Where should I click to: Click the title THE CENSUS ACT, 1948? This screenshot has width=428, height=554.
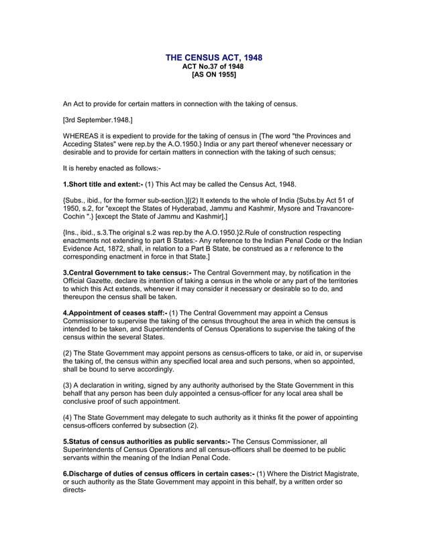[x=214, y=58]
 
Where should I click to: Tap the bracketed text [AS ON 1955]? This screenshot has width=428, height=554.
[x=214, y=75]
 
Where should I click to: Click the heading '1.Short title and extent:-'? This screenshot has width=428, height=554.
[x=103, y=184]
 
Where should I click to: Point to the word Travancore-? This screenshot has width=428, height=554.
[x=330, y=209]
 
